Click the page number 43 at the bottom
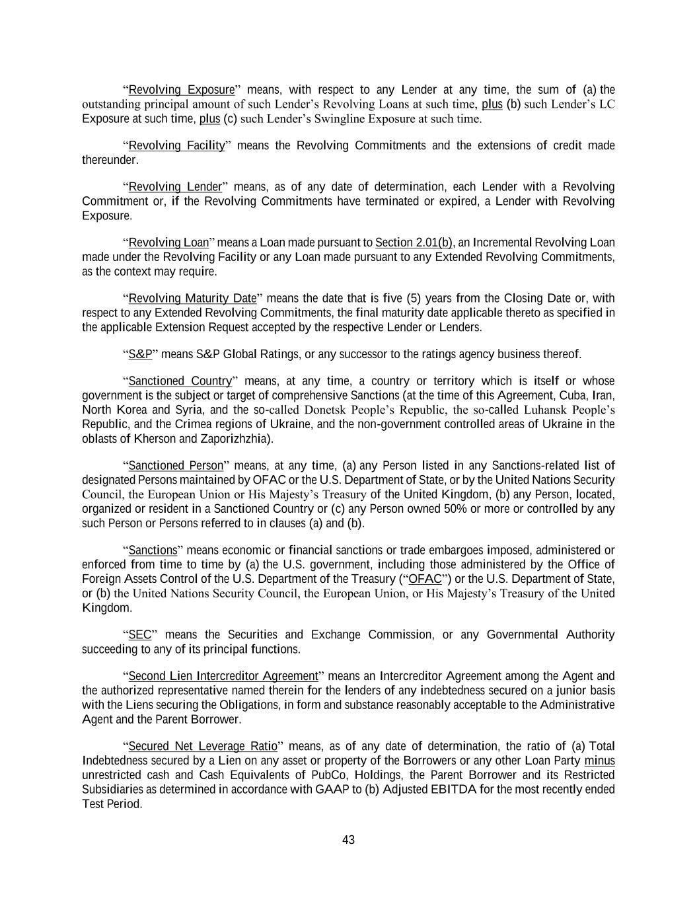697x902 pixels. click(348, 840)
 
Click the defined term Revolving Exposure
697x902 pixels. click(181, 90)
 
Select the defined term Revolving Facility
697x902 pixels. click(176, 145)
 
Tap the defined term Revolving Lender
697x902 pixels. click(175, 187)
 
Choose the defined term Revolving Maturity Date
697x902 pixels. click(192, 299)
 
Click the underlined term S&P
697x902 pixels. click(140, 355)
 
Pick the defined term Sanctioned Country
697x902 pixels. click(180, 381)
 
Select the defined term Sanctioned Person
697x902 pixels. click(176, 466)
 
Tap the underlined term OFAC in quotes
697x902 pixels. click(425, 580)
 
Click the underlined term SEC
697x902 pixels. click(140, 635)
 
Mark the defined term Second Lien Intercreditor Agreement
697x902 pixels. click(223, 676)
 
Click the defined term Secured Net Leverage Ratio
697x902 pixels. click(203, 747)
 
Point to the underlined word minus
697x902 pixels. click(599, 761)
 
